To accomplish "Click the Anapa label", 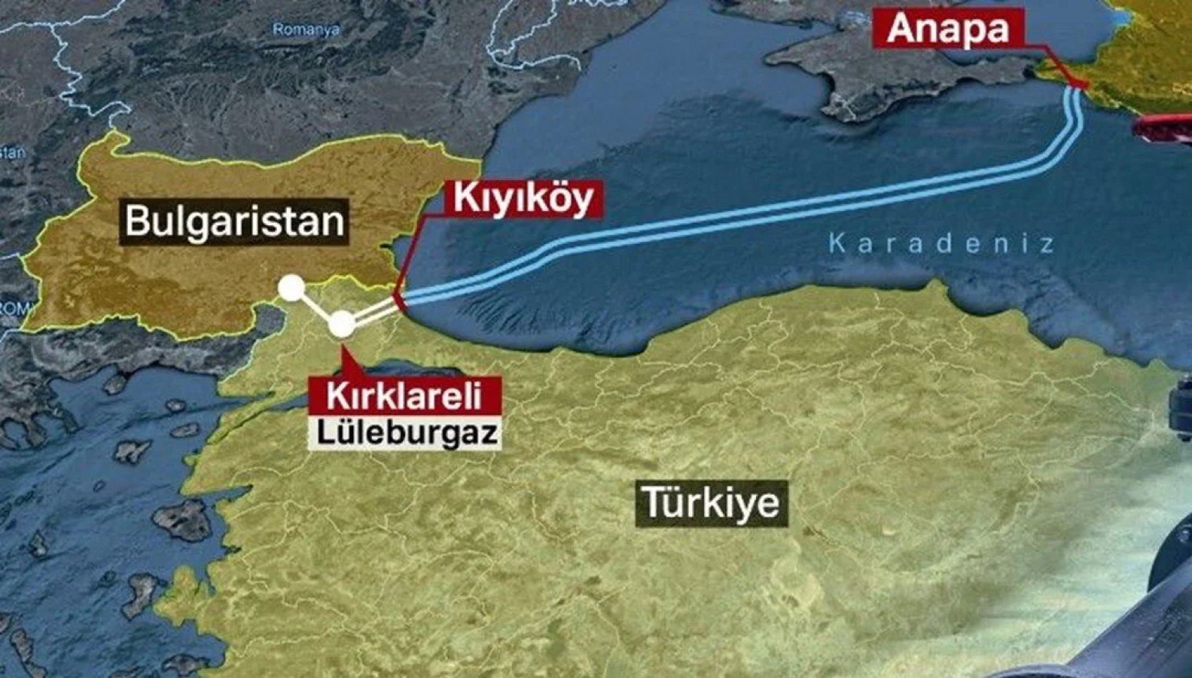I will pos(950,28).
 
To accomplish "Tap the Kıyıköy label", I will pos(523,199).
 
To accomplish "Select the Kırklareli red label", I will pos(404,395).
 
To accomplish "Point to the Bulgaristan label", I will pos(234,221).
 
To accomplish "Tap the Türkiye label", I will pos(712,502).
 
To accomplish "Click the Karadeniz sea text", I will pos(941,243).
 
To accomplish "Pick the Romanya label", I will pos(306,30).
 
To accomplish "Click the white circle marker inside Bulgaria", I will pos(291,287).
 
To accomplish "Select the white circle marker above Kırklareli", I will pos(342,325).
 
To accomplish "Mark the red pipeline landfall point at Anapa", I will pos(1079,84).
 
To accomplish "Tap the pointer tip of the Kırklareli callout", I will pos(343,347).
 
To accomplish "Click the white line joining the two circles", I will pos(316,306).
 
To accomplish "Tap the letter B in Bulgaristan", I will pos(137,221).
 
